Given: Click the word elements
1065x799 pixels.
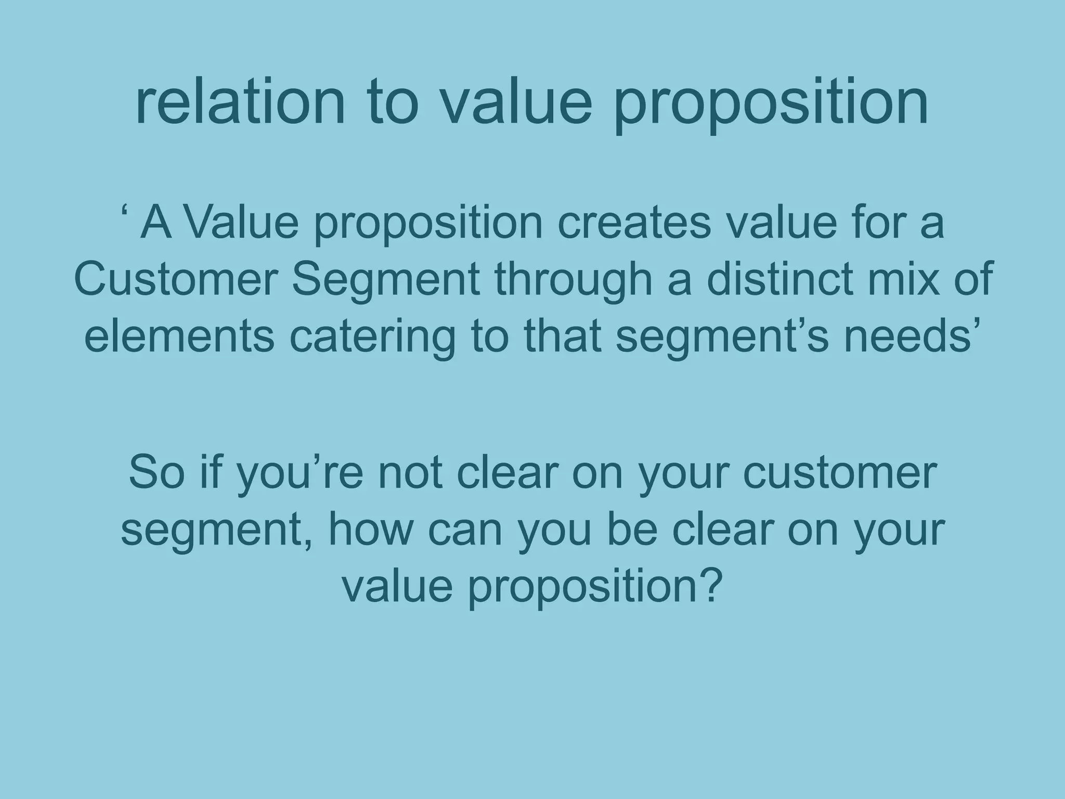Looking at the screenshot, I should pyautogui.click(x=179, y=337).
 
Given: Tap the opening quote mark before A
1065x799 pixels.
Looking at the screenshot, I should pyautogui.click(x=125, y=213).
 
